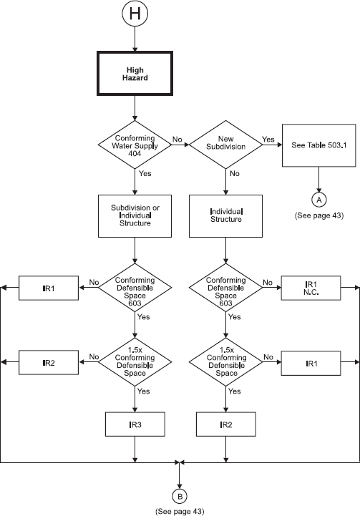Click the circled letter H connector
(x=135, y=14)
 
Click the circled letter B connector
(x=179, y=495)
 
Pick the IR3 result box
(x=135, y=424)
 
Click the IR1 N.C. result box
(x=310, y=288)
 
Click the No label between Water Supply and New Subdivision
(x=176, y=140)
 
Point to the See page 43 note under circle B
(x=179, y=511)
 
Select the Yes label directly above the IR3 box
(x=143, y=391)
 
